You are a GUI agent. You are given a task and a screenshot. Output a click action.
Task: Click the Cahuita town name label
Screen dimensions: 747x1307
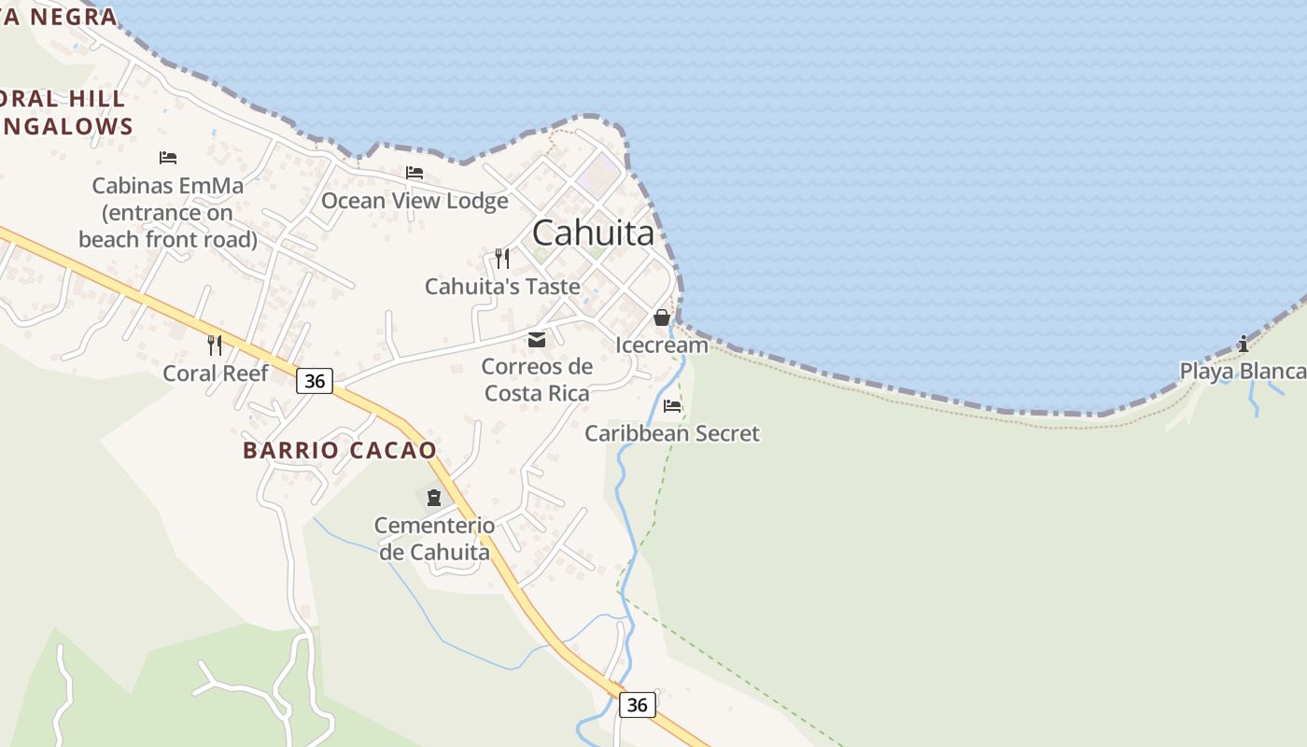point(594,233)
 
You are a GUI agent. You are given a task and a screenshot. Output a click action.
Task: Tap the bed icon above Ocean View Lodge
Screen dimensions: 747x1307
point(415,173)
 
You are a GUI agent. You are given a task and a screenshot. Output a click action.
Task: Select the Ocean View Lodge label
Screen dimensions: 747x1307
point(415,201)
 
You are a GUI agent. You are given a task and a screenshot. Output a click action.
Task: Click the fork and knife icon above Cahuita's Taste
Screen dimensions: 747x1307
point(502,258)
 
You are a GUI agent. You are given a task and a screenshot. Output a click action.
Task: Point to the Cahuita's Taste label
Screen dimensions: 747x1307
point(502,287)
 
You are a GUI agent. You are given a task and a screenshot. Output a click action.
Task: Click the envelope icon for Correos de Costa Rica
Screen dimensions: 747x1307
point(537,340)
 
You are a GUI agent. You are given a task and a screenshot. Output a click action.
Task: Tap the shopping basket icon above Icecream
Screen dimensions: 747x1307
point(662,317)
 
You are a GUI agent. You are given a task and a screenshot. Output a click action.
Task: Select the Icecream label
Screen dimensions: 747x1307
point(662,345)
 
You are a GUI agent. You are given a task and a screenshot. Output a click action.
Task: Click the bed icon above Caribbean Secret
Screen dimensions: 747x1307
point(672,406)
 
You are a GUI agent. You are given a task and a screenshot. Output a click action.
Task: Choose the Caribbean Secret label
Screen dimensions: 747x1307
point(672,433)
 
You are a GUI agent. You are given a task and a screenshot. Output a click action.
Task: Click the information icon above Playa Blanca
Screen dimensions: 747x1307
point(1243,344)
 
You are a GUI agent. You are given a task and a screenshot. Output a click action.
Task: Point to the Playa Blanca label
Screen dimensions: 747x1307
point(1242,372)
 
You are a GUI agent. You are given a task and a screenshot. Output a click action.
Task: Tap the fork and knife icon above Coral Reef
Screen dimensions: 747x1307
point(215,345)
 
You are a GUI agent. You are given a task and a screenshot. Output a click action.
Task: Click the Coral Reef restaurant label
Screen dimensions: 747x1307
point(216,373)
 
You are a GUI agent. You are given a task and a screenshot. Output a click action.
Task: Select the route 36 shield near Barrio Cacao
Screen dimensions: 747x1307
point(316,381)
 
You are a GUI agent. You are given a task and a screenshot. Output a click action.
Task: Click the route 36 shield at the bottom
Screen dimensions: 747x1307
point(637,705)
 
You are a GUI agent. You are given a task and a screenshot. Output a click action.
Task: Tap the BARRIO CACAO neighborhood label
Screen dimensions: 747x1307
point(340,450)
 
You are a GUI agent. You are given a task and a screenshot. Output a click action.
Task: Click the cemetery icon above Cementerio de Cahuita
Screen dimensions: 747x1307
point(434,497)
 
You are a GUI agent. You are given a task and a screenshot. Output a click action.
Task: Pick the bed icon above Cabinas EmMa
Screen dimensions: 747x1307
point(168,157)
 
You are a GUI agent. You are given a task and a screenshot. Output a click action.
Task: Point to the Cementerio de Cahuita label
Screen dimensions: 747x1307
point(434,539)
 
